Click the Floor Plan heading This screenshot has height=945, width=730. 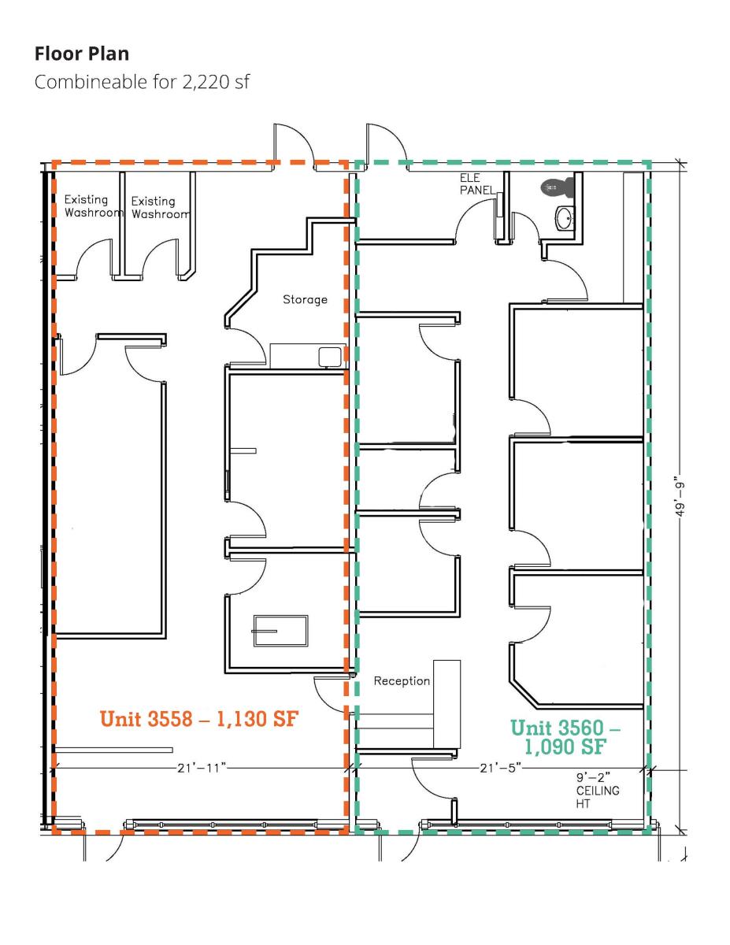click(82, 54)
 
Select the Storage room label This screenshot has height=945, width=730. click(305, 299)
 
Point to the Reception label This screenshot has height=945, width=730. click(402, 680)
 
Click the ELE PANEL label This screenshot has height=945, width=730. click(477, 184)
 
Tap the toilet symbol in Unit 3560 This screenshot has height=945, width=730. click(557, 187)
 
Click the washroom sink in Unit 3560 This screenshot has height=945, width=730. click(565, 217)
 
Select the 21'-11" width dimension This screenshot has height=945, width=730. click(202, 768)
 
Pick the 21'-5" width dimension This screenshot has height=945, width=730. click(500, 768)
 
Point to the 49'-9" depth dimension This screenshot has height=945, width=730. click(680, 500)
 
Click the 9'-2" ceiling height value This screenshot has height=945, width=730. click(594, 776)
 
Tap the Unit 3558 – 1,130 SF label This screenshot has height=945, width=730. click(199, 718)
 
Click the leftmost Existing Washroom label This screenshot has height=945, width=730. click(92, 206)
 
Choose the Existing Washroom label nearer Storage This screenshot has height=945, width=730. click(160, 207)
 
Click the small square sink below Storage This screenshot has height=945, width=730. click(330, 357)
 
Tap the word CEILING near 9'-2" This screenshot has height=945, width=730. click(598, 790)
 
